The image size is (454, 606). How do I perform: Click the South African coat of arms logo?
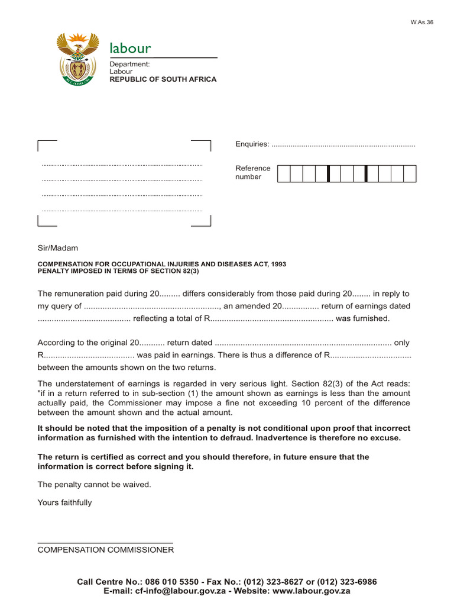point(78,59)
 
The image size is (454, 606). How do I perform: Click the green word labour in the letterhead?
point(130,48)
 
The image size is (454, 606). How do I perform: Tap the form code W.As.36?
point(421,22)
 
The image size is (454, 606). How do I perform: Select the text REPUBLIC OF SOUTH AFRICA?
point(163,79)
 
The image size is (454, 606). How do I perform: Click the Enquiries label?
point(252,144)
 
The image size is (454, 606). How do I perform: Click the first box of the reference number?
point(283,173)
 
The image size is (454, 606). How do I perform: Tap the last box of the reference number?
point(410,173)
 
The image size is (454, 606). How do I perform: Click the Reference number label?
point(253,172)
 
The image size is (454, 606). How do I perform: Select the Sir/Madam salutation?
point(58,248)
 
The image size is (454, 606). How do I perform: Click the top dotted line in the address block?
point(122,165)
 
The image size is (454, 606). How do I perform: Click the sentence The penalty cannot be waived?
point(95,484)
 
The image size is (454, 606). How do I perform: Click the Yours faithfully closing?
point(65,502)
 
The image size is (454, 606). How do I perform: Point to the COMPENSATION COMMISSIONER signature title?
point(106,550)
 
